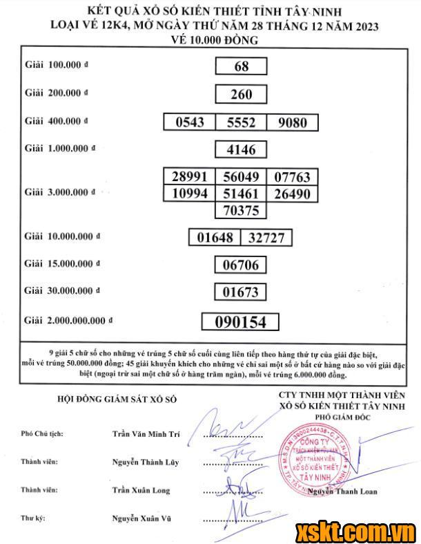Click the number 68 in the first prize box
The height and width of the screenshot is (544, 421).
tap(241, 66)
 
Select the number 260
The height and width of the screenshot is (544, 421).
tap(241, 94)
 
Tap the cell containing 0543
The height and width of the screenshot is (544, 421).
tap(190, 122)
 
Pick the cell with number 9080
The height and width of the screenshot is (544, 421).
tap(292, 122)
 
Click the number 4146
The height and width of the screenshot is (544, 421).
tap(241, 149)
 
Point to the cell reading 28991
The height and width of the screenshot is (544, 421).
tap(189, 177)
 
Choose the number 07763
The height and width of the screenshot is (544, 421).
tap(292, 177)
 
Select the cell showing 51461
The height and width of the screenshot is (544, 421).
tap(241, 194)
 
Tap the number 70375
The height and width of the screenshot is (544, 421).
tap(241, 210)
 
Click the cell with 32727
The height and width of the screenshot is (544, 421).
tap(266, 238)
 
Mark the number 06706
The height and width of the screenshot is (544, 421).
tap(240, 265)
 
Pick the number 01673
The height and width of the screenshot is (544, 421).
tap(240, 293)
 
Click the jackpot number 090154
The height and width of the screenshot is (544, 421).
tap(240, 322)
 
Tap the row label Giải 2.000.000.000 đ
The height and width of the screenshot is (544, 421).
tap(68, 321)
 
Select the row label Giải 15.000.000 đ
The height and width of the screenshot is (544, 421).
tap(62, 263)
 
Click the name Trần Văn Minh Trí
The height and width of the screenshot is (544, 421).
tap(146, 434)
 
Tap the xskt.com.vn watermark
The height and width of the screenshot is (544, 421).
tap(355, 531)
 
